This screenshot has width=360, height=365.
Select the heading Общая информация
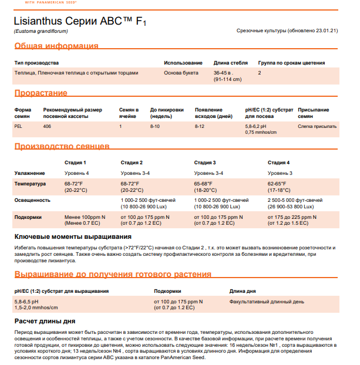tap(56, 46)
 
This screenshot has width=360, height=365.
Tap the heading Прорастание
tap(41, 93)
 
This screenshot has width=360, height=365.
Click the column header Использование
tap(183, 63)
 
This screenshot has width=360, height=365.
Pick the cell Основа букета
tap(181, 73)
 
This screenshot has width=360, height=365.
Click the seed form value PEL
tap(18, 126)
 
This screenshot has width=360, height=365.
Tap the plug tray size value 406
tap(47, 126)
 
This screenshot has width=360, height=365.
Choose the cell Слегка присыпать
tap(317, 126)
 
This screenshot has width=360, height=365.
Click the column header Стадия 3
tap(205, 163)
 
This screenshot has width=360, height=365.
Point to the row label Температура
tap(30, 184)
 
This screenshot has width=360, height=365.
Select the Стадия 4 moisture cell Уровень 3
tap(280, 173)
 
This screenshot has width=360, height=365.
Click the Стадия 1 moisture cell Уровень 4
tap(77, 173)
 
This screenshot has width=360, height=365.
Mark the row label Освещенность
tap(32, 200)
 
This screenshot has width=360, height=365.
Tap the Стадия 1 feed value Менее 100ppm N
tap(85, 217)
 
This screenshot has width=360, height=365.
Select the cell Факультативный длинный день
tap(267, 302)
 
